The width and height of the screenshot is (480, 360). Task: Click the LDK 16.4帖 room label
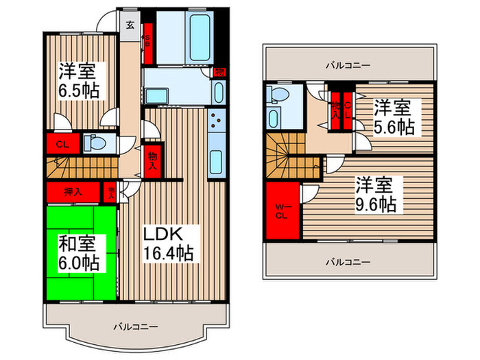click(167, 243)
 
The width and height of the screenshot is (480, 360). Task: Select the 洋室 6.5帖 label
click(76, 81)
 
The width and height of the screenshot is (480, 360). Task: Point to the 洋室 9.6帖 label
click(375, 195)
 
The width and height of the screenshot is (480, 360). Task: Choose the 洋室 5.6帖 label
click(394, 117)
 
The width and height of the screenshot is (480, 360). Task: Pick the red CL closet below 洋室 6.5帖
click(62, 144)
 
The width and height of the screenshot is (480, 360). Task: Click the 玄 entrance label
click(130, 26)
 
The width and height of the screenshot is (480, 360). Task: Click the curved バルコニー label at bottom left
click(136, 327)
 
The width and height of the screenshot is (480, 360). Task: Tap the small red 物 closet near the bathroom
click(219, 72)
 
